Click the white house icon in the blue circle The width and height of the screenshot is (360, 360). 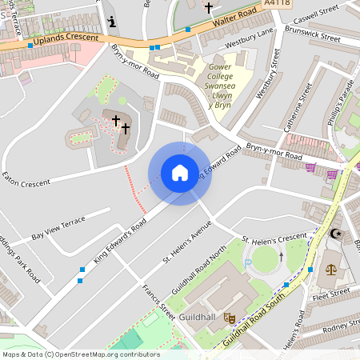click(179, 173)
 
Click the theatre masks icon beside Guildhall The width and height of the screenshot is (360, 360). click(230, 317)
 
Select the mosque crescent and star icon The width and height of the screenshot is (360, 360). click(335, 234)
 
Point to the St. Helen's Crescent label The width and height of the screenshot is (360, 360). click(274, 238)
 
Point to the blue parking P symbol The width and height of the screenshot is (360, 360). click(249, 261)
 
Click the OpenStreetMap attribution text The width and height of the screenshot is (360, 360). click(80, 354)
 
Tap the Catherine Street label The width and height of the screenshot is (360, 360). click(294, 116)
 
